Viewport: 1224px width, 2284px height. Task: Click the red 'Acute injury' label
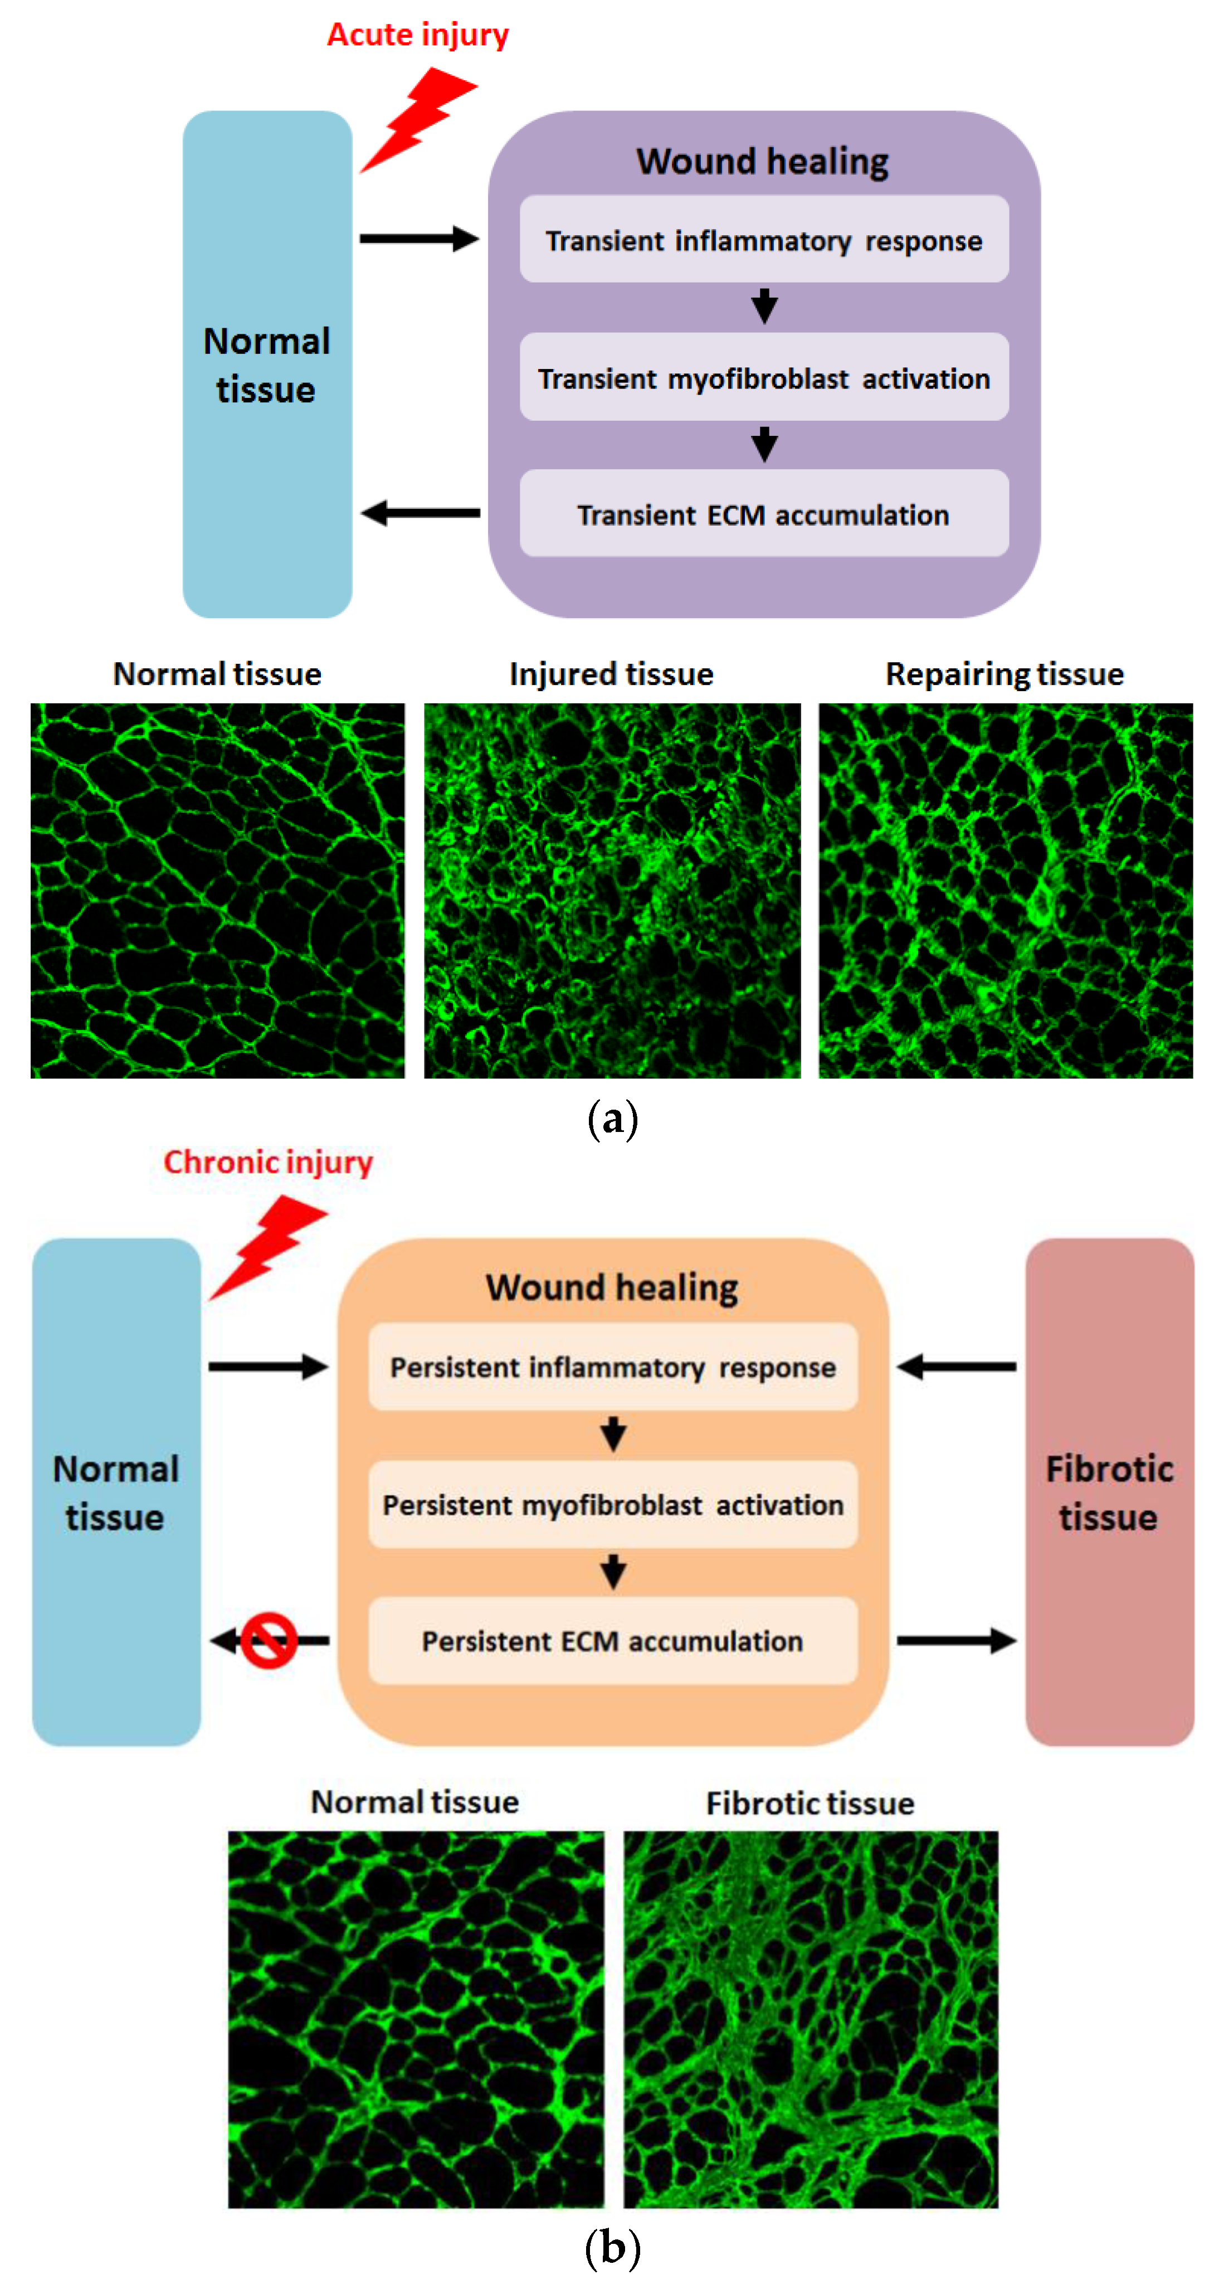pos(417,35)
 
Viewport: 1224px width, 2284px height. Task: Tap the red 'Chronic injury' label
pos(267,1163)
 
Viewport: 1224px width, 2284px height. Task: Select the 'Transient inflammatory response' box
pos(763,240)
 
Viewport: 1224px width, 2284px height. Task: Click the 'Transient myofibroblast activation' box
pos(763,378)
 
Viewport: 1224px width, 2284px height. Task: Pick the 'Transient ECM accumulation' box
pos(763,514)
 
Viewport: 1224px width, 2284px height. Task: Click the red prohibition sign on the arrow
pos(269,1640)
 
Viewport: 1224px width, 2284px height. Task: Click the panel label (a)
pos(612,1119)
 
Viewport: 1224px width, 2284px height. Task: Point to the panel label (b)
pos(612,2248)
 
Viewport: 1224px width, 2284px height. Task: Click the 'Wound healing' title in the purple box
pos(762,162)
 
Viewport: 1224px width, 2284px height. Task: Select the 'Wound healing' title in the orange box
pos(612,1287)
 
